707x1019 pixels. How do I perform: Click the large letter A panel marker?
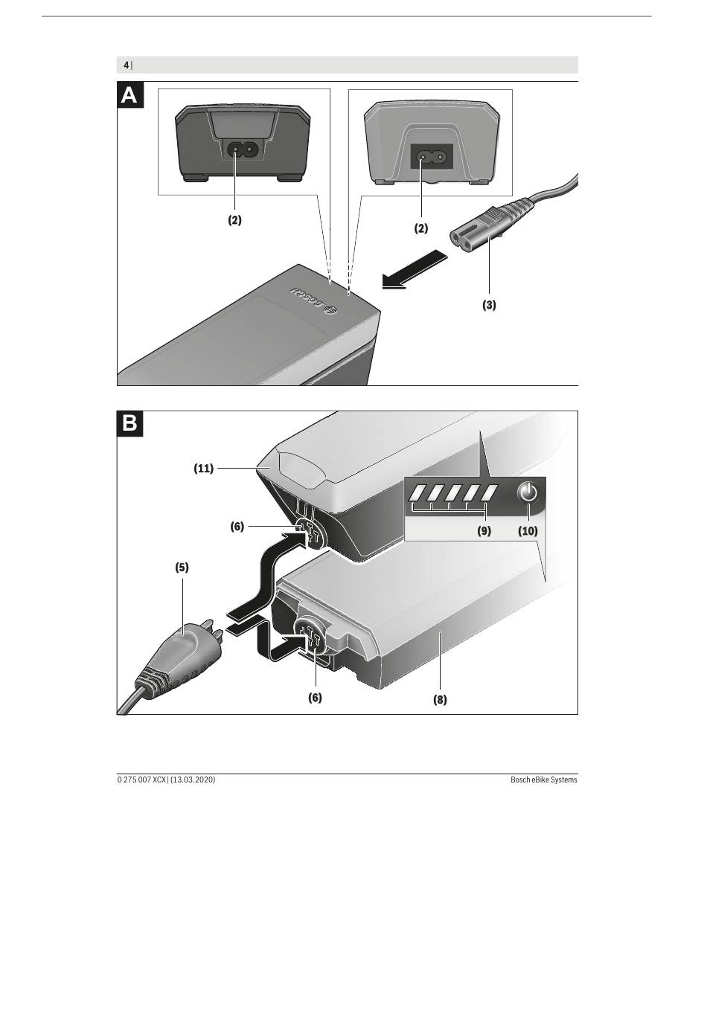(130, 95)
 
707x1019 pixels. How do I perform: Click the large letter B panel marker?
(130, 424)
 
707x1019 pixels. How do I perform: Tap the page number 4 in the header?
(126, 65)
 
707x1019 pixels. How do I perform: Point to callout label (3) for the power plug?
(490, 305)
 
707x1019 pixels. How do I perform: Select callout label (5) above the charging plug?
(182, 568)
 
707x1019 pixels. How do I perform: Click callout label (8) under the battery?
(440, 700)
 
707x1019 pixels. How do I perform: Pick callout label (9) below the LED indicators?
(484, 530)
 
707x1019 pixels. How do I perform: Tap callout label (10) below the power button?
(528, 530)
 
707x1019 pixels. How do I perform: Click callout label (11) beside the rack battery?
(203, 469)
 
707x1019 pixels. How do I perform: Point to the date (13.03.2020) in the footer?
(193, 779)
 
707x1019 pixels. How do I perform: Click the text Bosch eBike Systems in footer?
(543, 779)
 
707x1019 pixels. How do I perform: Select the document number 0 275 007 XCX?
(141, 779)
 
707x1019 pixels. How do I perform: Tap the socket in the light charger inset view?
(432, 157)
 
